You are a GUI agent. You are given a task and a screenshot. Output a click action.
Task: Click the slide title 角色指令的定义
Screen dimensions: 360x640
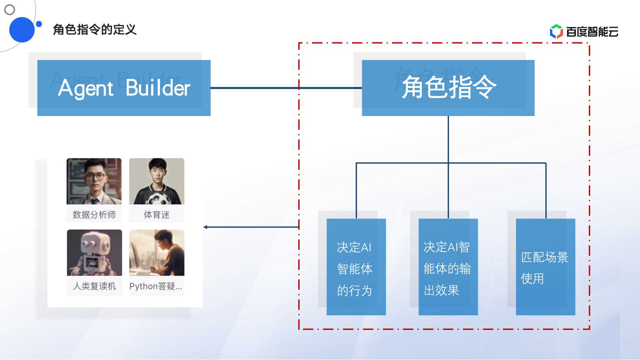[95, 30]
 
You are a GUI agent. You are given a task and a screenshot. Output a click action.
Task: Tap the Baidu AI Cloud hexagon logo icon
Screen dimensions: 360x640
[556, 32]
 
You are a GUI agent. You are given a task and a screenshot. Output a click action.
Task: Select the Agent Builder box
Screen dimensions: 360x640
[124, 88]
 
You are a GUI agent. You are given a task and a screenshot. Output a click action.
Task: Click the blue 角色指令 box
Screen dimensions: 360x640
[448, 88]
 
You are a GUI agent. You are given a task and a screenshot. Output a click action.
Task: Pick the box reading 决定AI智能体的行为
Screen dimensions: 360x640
[356, 267]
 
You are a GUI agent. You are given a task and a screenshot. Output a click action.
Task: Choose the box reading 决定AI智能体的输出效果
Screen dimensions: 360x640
[448, 267]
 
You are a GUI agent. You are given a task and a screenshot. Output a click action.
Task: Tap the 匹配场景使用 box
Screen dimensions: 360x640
[545, 267]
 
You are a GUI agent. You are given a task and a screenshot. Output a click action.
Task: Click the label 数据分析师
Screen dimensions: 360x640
[94, 215]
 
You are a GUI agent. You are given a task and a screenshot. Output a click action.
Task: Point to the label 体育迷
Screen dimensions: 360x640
[157, 215]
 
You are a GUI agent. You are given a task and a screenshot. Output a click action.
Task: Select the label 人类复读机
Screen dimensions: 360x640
[94, 286]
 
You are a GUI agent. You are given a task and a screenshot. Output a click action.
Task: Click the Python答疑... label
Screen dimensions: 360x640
[156, 286]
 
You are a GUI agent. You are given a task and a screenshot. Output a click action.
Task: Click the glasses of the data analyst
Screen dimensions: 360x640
[95, 176]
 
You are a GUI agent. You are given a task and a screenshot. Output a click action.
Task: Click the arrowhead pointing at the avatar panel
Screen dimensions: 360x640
[205, 227]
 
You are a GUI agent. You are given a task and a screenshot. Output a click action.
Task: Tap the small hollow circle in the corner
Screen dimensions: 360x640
[10, 10]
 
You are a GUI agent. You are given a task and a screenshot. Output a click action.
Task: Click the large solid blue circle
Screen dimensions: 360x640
[22, 30]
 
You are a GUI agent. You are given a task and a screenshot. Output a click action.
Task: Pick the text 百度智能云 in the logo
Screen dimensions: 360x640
[592, 32]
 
